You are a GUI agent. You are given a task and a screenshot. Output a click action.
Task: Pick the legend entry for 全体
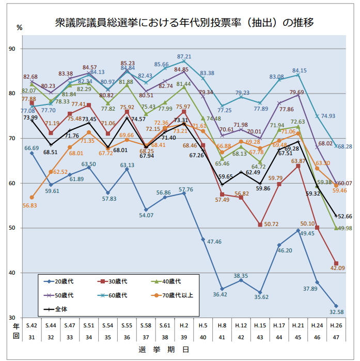[60, 309]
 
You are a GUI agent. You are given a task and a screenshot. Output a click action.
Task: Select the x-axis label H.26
[336, 325]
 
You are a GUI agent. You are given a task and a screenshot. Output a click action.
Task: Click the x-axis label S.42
[32, 325]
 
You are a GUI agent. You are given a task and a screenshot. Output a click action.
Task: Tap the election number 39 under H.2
[184, 337]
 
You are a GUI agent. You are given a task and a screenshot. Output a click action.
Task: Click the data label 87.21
[184, 57]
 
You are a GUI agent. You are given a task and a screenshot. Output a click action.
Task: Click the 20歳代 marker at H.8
[222, 289]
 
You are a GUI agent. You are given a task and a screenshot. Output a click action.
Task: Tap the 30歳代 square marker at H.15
[260, 224]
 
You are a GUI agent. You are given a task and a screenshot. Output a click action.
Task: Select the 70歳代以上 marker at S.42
[32, 198]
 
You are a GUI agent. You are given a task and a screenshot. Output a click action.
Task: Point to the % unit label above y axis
[19, 27]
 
